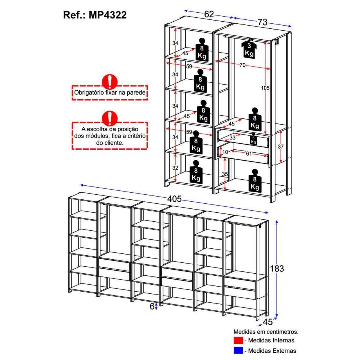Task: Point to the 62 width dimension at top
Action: pos(209,14)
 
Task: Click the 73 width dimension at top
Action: pos(262,22)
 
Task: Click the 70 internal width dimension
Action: pos(242,65)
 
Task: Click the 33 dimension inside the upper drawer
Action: pos(233,137)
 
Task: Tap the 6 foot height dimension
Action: pos(152,306)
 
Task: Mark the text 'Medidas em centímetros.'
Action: pos(266,331)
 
